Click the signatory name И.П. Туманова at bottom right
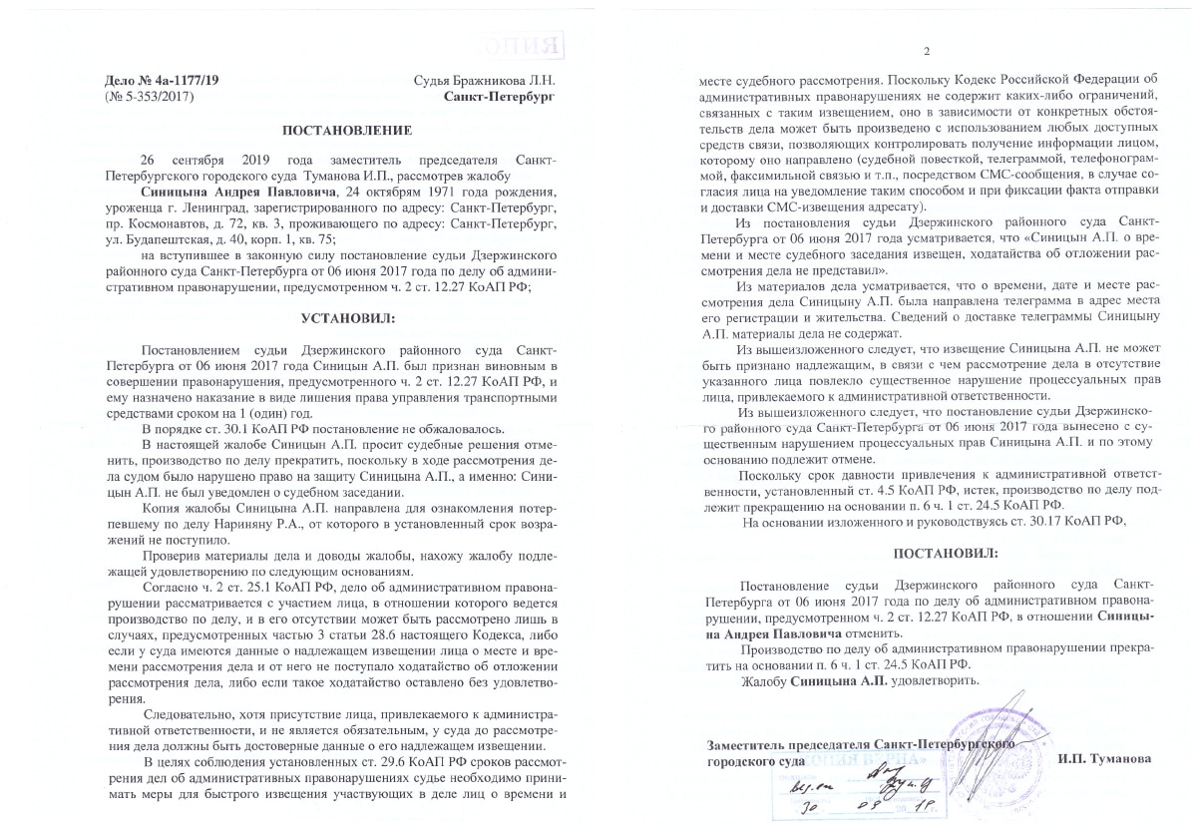1104,758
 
